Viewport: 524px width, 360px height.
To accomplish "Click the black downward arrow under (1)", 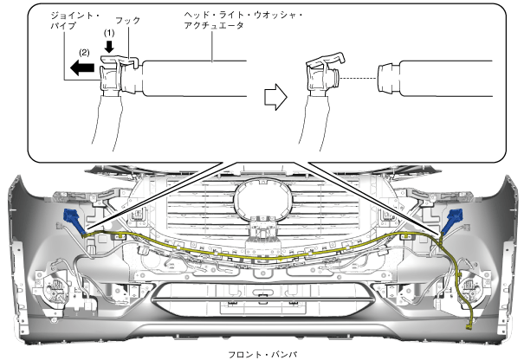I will (x=108, y=47).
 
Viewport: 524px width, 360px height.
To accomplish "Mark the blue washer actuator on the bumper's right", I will (x=452, y=220).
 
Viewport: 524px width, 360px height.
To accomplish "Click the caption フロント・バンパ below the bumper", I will (x=262, y=353).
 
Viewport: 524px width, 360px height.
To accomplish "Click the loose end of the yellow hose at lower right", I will (x=469, y=327).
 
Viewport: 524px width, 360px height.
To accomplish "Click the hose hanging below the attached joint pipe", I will (x=111, y=121).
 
